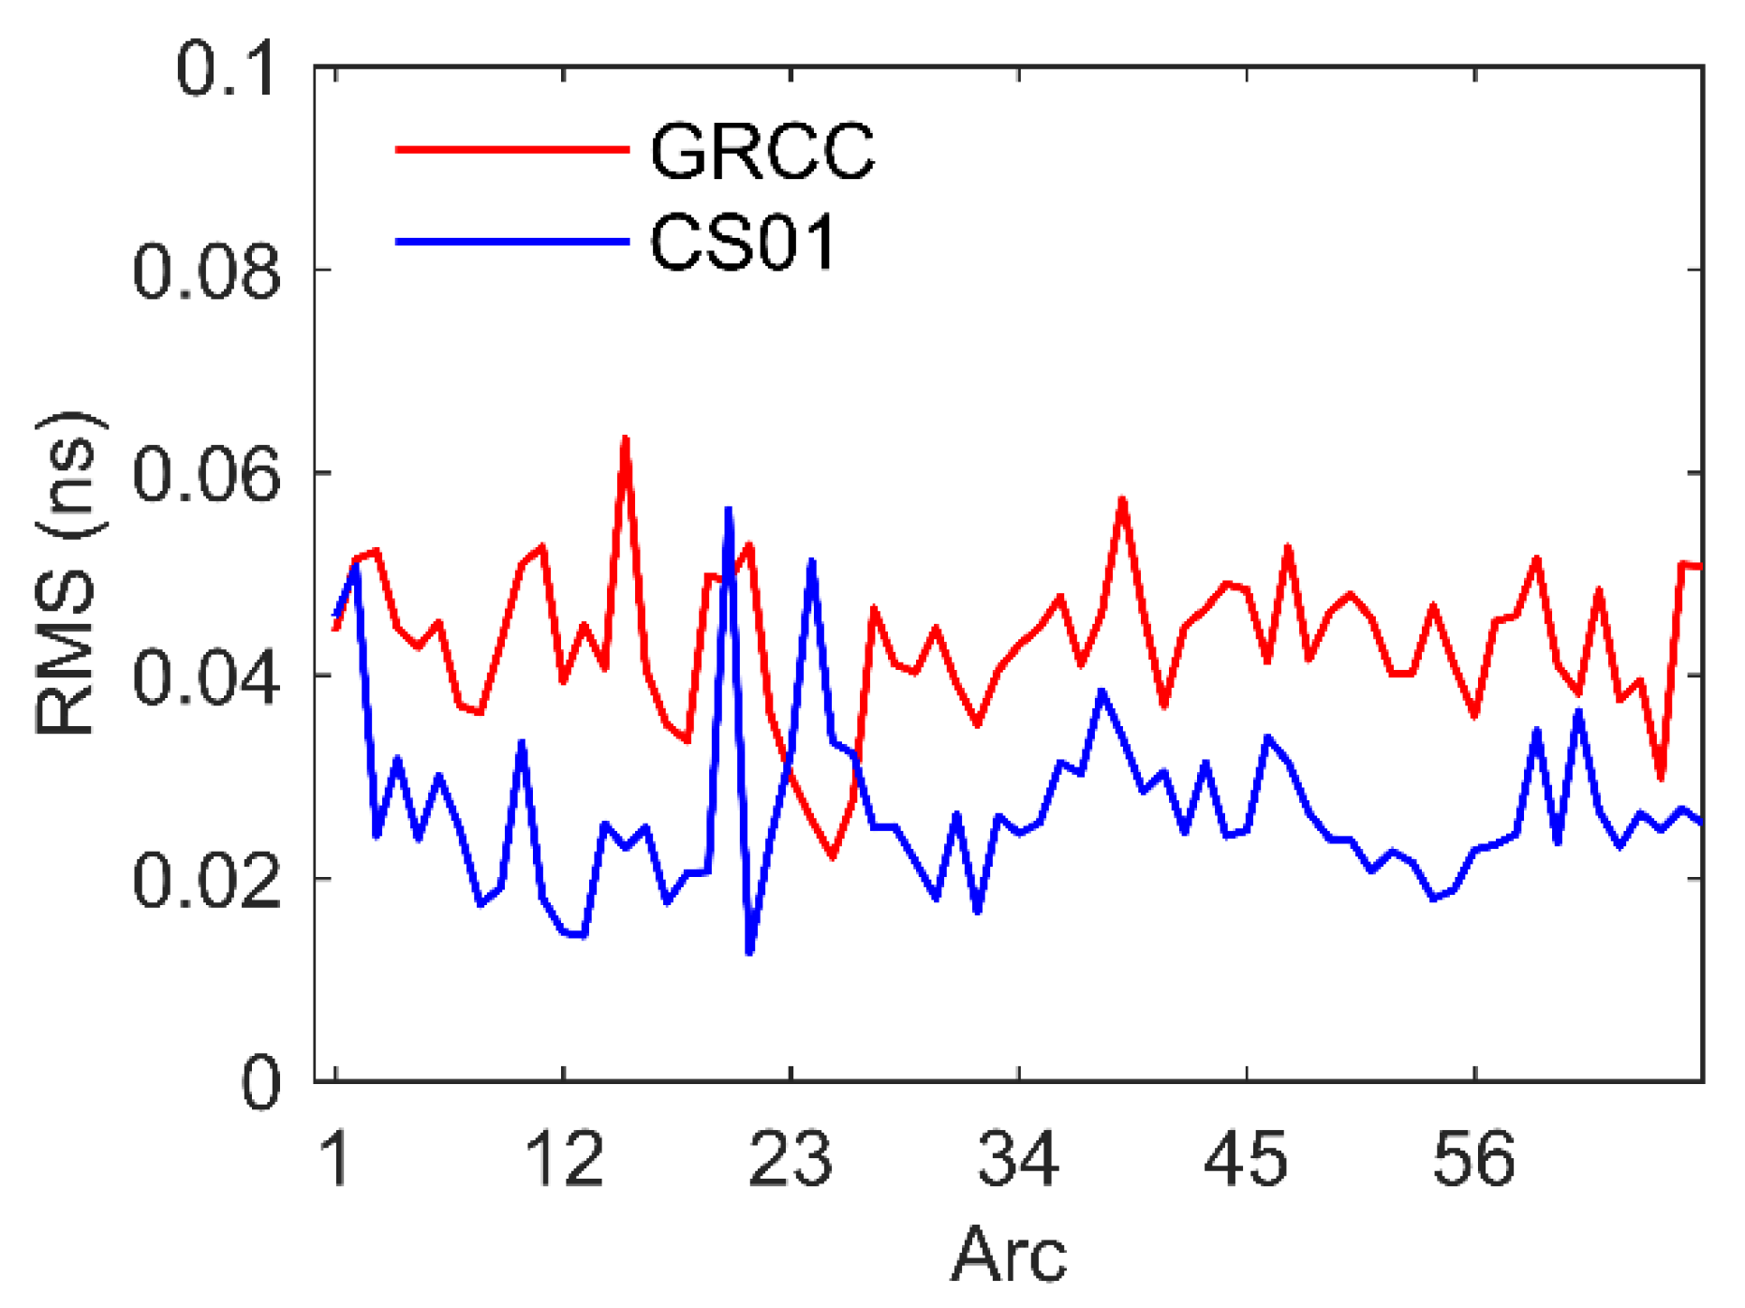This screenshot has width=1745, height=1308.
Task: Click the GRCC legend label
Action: [x=762, y=152]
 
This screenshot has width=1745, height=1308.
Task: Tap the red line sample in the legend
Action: [x=511, y=149]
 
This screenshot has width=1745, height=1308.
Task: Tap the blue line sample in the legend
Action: [x=511, y=242]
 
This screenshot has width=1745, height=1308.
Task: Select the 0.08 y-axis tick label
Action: [x=206, y=272]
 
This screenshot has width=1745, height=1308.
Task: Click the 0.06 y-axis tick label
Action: [x=206, y=474]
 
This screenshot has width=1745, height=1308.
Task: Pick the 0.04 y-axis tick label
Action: [x=206, y=677]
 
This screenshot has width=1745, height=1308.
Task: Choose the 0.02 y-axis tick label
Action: [x=206, y=881]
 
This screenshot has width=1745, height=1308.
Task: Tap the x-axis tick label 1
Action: [x=334, y=1160]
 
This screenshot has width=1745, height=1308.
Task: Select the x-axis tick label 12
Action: [x=563, y=1160]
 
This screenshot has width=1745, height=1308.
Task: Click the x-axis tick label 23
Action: [x=791, y=1160]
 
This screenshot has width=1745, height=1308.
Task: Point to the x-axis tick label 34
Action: [x=1018, y=1160]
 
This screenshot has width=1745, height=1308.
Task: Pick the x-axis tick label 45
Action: [x=1246, y=1160]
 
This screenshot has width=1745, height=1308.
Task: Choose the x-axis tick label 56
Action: [x=1473, y=1160]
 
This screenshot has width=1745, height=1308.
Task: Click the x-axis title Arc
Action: [x=1009, y=1255]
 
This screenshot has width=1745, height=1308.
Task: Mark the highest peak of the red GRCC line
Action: [x=625, y=438]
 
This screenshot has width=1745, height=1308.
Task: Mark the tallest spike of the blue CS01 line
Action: [x=728, y=510]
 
